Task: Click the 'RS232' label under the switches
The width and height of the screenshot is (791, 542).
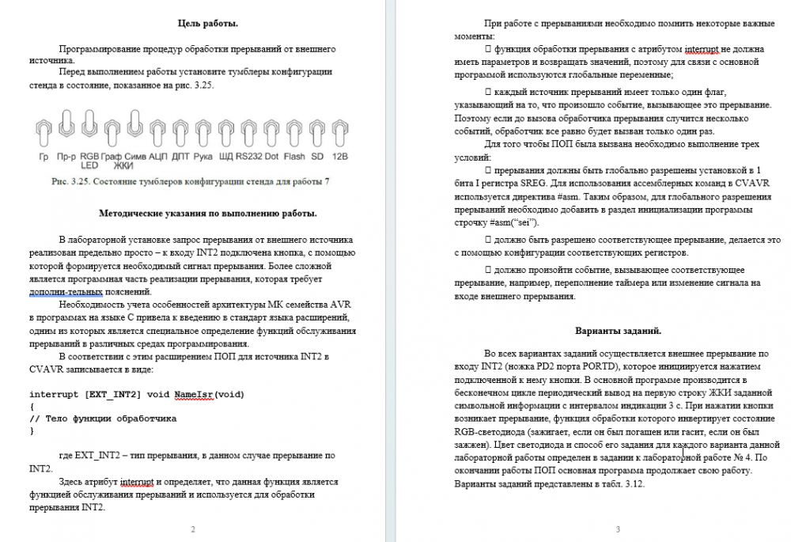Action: pyautogui.click(x=248, y=157)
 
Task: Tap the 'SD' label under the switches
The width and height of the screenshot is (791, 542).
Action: pyautogui.click(x=317, y=157)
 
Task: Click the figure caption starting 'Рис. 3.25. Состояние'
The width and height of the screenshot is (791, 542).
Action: pyautogui.click(x=190, y=182)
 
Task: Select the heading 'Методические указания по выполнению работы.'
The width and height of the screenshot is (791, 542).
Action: pyautogui.click(x=209, y=213)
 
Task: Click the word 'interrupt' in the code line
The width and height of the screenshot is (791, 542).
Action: pyautogui.click(x=55, y=393)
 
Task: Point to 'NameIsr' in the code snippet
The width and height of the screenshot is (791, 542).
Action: pyautogui.click(x=194, y=393)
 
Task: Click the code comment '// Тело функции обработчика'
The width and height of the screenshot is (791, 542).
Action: pyautogui.click(x=103, y=418)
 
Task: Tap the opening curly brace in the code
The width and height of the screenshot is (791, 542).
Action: pyautogui.click(x=32, y=406)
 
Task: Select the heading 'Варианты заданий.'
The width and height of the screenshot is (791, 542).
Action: pyautogui.click(x=619, y=330)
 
